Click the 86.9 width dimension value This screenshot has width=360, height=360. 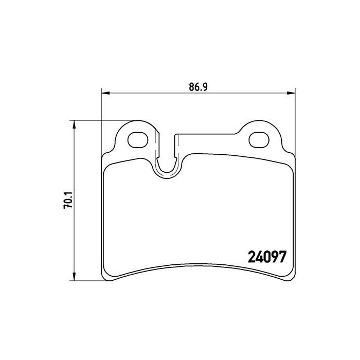[x=197, y=87]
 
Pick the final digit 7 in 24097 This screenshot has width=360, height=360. [x=282, y=255]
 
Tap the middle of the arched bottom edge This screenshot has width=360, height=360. [x=198, y=271]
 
